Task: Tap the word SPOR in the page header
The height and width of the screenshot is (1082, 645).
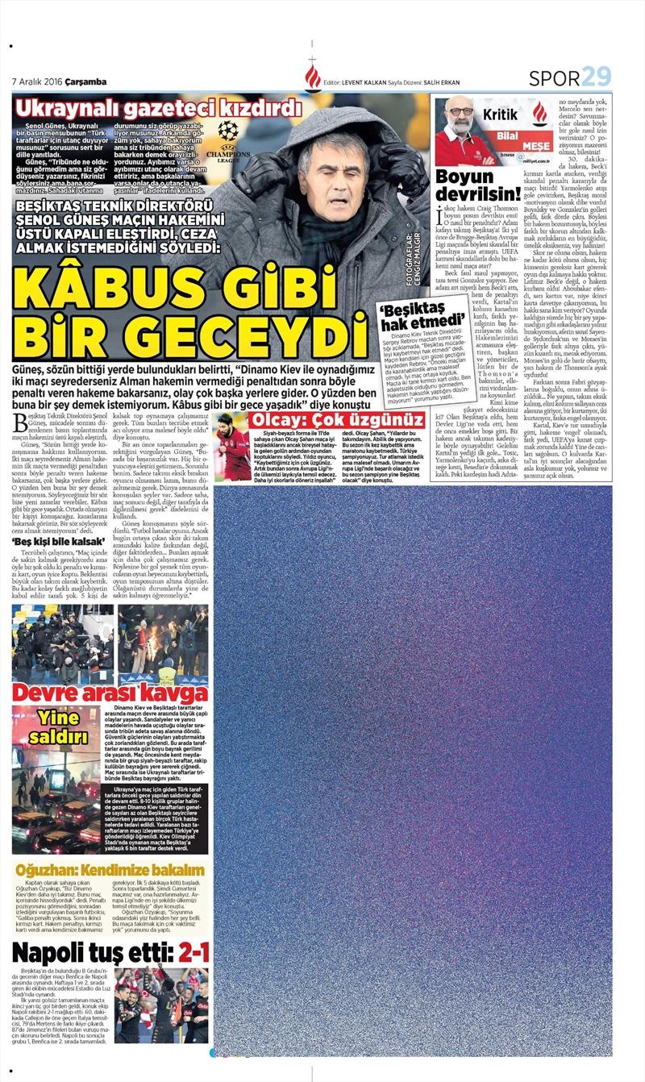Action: pyautogui.click(x=555, y=78)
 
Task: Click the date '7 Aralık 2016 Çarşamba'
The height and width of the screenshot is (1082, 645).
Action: pyautogui.click(x=59, y=82)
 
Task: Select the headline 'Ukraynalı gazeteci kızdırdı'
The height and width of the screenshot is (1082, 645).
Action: pyautogui.click(x=160, y=108)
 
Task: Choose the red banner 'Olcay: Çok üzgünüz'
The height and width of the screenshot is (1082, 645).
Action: pyautogui.click(x=336, y=420)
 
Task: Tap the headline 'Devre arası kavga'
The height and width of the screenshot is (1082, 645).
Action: pyautogui.click(x=110, y=693)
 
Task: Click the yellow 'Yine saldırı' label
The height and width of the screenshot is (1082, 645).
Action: pyautogui.click(x=57, y=726)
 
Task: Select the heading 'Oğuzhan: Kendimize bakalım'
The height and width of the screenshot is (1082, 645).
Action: pyautogui.click(x=110, y=870)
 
